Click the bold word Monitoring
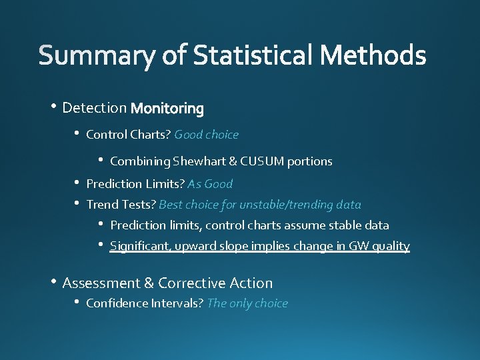click(167, 108)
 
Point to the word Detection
click(94, 107)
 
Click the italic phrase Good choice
click(206, 135)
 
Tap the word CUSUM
click(262, 161)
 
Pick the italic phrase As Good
click(210, 184)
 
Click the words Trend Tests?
click(121, 205)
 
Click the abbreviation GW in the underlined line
click(357, 246)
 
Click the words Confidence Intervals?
click(145, 303)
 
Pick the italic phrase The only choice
click(247, 303)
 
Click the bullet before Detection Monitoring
click(52, 107)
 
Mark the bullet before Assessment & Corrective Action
click(52, 283)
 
